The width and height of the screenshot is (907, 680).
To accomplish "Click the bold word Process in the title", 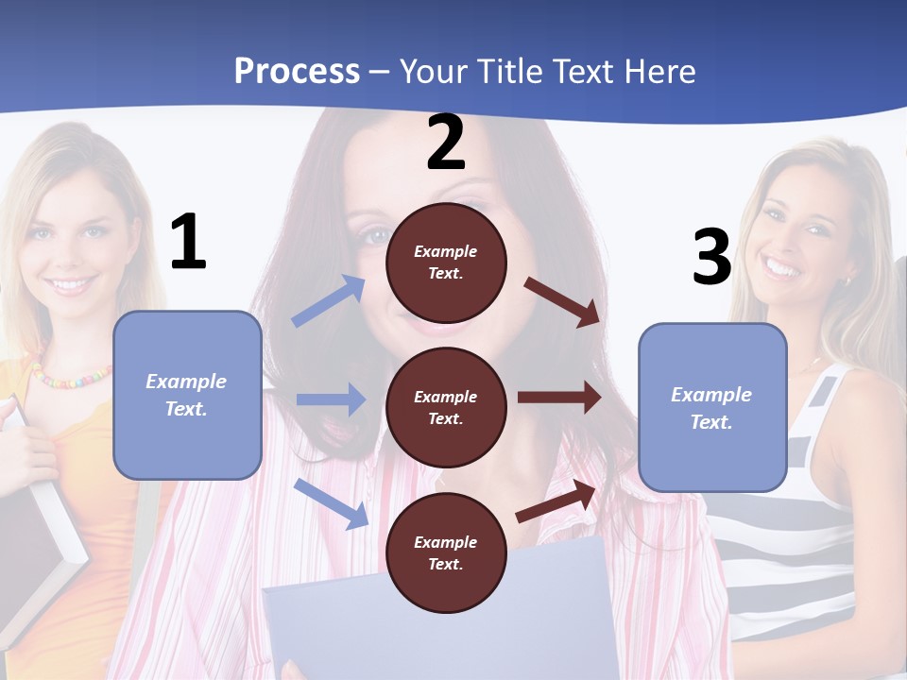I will pos(297,71).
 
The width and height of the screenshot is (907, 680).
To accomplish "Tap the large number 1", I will pos(188,243).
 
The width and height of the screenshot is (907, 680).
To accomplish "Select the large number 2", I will pos(446,144).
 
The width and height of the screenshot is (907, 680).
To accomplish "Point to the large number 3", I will pos(711,257).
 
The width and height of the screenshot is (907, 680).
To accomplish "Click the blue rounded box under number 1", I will pos(187,395).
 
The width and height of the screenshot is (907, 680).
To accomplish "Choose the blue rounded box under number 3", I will pos(712,407).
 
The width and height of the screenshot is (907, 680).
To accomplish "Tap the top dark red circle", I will pos(446,263).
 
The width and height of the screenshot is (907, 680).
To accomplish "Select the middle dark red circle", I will pos(446,407).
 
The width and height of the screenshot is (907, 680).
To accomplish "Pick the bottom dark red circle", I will pos(446,552).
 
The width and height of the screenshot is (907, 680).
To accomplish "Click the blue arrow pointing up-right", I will pos(329,301).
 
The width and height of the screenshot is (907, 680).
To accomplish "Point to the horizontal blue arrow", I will pos(331,399).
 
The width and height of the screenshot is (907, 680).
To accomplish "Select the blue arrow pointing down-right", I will pos(331,502).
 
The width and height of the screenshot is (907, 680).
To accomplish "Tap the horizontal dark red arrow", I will pos(559,398).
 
